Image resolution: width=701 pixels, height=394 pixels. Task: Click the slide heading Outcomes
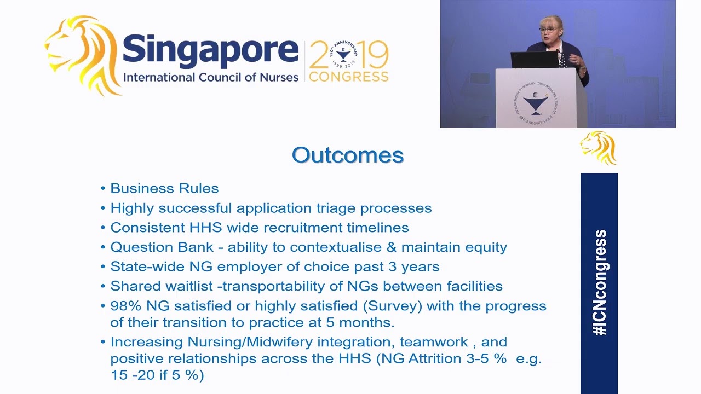pos(348,155)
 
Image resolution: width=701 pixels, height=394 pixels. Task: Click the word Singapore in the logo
pos(210,50)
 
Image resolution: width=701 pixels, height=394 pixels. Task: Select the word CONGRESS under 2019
pos(348,77)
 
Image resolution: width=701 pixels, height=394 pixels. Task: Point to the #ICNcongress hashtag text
pos(600,282)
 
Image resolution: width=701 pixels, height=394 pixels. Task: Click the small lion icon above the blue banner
pos(599,148)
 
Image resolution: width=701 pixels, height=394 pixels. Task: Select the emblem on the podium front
pos(536,102)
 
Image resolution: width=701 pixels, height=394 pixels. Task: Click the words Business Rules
pos(164,188)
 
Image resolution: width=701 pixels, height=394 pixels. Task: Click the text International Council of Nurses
pos(210,77)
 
